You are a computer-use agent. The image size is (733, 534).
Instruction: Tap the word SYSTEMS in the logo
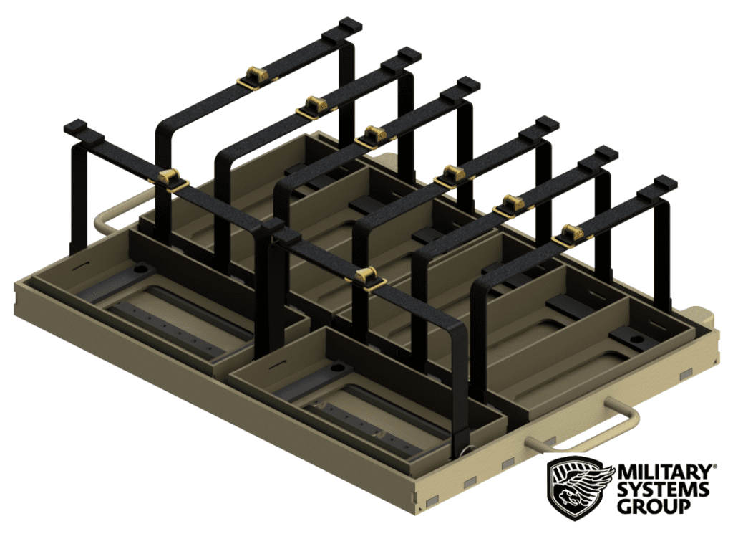(x=663, y=490)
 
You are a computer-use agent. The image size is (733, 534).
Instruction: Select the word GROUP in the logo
(x=653, y=507)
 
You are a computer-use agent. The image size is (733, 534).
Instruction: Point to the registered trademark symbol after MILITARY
(x=712, y=467)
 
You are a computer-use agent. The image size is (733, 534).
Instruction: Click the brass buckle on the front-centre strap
(x=366, y=276)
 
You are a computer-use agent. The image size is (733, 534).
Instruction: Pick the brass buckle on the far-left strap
(x=170, y=177)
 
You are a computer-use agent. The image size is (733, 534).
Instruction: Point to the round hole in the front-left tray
(x=140, y=270)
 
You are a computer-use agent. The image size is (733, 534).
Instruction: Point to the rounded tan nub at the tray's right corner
(x=702, y=313)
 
